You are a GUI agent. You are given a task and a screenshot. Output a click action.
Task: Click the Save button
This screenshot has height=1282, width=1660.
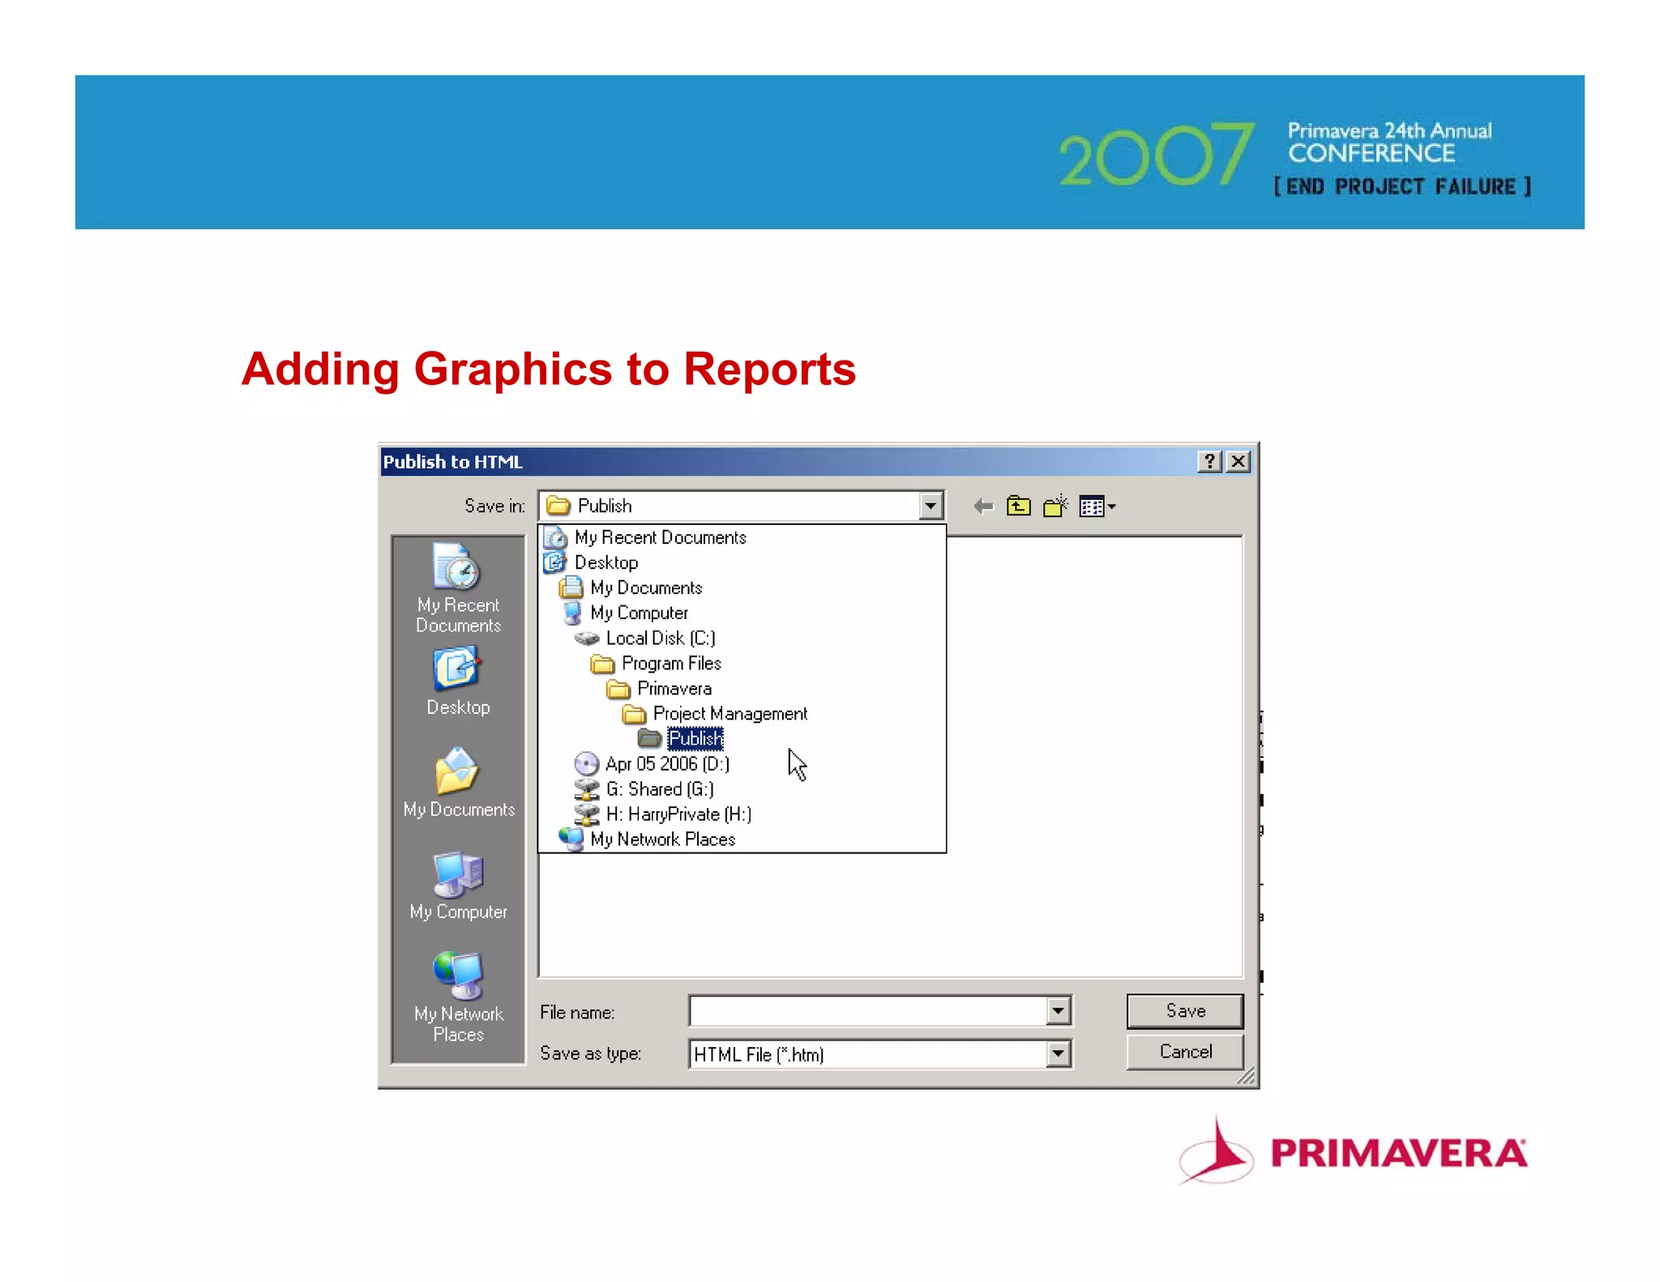click(x=1184, y=1011)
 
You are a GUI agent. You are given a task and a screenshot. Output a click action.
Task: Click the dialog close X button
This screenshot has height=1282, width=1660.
click(x=1238, y=462)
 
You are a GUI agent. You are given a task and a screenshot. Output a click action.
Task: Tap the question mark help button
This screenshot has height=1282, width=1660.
click(x=1209, y=462)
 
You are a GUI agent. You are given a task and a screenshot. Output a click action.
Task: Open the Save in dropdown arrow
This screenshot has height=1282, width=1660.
click(x=931, y=506)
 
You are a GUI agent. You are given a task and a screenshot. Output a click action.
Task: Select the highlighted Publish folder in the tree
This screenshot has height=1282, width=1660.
click(x=695, y=738)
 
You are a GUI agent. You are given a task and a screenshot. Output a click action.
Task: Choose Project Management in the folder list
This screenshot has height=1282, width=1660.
click(x=729, y=713)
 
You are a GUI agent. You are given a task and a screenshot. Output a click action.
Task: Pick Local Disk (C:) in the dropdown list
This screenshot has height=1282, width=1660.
click(x=660, y=638)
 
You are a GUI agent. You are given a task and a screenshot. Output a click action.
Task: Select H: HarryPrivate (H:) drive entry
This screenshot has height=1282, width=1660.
click(x=678, y=814)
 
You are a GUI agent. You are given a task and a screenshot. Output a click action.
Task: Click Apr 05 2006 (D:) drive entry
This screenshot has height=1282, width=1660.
click(x=667, y=763)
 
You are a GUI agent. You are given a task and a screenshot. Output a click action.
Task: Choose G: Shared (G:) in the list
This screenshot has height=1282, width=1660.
click(x=659, y=788)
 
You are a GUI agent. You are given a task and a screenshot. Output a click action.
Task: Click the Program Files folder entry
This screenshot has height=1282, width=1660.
click(x=670, y=663)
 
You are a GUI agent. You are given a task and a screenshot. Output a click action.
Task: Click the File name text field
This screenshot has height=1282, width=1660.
click(x=867, y=1011)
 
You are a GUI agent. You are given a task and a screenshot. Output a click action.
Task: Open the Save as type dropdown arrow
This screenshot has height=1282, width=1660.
click(x=1058, y=1053)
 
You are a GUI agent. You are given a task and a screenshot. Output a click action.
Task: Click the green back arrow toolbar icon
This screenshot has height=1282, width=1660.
click(x=983, y=506)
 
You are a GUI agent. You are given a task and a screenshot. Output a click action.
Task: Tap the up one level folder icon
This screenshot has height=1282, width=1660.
click(x=1019, y=506)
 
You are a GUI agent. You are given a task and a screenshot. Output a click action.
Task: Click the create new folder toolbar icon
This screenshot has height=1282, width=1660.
click(x=1055, y=506)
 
